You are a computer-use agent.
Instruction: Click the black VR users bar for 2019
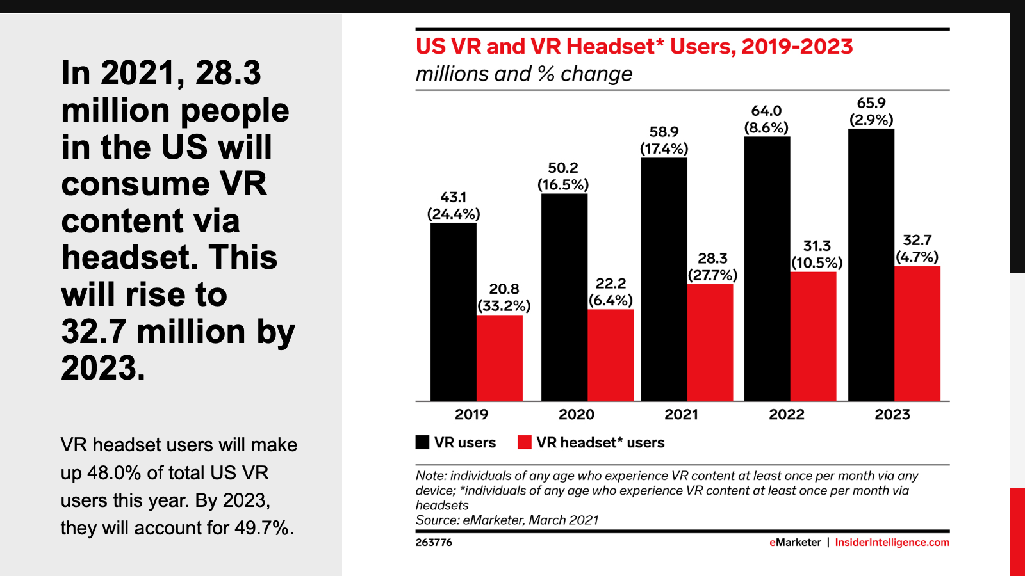click(x=453, y=312)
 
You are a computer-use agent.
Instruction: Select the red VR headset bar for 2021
click(x=710, y=342)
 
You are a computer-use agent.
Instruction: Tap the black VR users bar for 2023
click(x=871, y=265)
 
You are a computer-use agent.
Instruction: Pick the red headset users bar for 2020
click(x=610, y=355)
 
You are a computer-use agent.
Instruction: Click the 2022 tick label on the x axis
click(x=786, y=415)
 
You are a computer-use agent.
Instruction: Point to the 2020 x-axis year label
click(x=576, y=415)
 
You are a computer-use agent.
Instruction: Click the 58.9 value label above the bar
click(x=664, y=132)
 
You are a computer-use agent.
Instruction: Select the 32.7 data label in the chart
click(x=917, y=240)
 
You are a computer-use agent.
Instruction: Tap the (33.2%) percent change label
click(x=504, y=306)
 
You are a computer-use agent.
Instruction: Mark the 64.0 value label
click(x=766, y=111)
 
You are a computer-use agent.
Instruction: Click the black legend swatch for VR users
click(x=422, y=442)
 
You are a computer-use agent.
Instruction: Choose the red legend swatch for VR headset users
click(x=525, y=442)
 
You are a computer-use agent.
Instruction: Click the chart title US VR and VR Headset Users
click(x=634, y=47)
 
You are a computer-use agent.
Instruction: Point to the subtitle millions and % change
click(x=523, y=74)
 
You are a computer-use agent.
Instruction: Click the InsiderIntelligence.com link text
click(x=892, y=542)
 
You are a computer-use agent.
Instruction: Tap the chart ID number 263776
click(x=434, y=542)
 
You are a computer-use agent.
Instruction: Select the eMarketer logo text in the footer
click(x=795, y=542)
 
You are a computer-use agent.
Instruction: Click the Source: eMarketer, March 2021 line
click(x=507, y=520)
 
